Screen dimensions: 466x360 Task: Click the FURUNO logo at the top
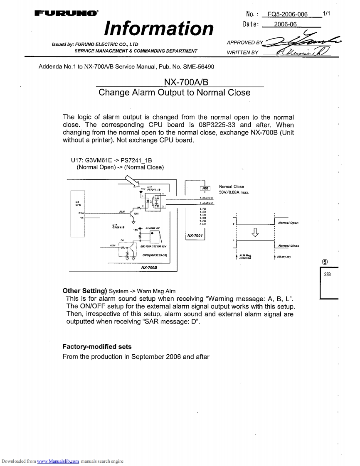point(66,14)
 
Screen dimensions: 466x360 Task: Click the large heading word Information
point(159,28)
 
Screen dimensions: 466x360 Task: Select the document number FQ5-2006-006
point(288,14)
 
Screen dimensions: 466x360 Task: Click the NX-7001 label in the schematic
point(195,235)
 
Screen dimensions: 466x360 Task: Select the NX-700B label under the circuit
point(149,267)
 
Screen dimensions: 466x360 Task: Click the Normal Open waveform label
point(288,223)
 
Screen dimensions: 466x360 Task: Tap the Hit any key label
point(284,257)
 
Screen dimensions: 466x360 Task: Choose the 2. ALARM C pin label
point(207,204)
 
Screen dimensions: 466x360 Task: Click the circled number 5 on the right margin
point(324,261)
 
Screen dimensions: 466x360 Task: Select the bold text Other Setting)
point(85,291)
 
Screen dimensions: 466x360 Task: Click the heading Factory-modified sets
point(97,346)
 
